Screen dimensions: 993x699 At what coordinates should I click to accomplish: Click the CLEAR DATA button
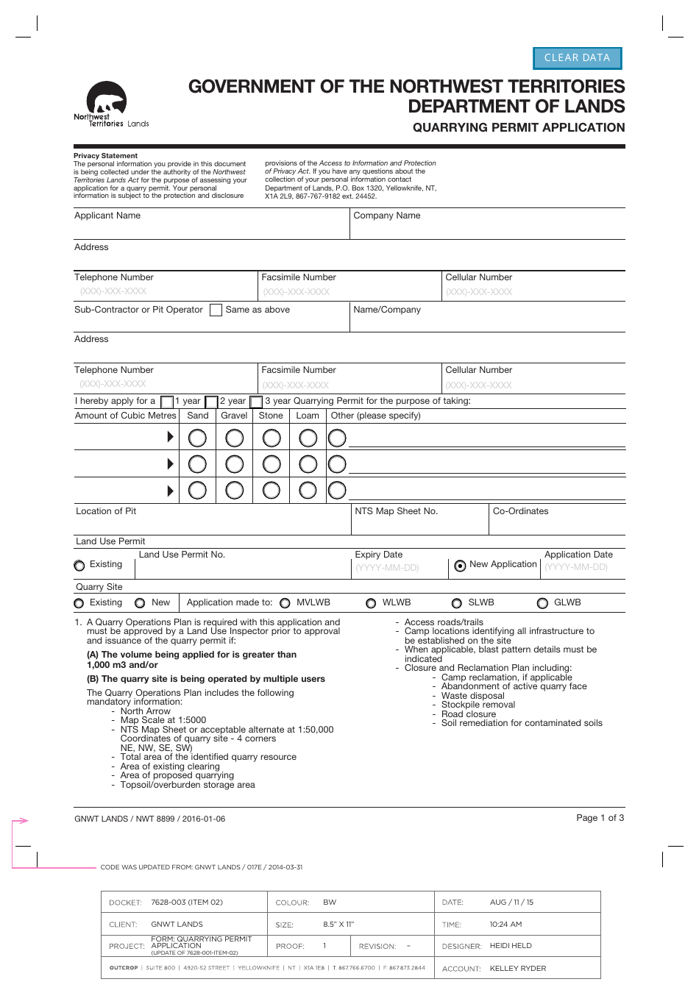tap(578, 58)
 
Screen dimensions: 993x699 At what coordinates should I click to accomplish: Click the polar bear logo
tap(107, 100)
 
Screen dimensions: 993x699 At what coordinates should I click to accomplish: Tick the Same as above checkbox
tap(216, 310)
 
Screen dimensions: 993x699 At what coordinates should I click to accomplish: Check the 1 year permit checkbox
tap(167, 402)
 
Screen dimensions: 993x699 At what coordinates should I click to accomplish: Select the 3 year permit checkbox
tap(256, 402)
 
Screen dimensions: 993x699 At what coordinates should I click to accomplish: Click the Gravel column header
tap(234, 416)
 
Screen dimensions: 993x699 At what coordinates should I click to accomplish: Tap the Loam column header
tap(308, 416)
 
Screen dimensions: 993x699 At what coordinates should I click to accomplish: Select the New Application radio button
tap(460, 566)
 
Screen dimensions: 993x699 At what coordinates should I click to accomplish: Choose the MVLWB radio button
tap(285, 603)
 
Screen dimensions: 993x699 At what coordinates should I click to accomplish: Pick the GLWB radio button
tap(542, 603)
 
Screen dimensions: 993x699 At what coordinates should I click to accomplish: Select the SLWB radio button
tap(457, 603)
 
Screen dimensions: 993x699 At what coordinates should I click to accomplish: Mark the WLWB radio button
tap(371, 603)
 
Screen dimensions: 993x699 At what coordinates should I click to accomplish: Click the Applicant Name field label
tap(107, 216)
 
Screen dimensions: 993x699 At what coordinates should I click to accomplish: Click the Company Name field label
tap(387, 216)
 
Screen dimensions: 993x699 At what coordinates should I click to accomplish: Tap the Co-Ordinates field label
tap(520, 511)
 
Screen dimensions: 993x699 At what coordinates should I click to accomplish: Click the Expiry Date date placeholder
tap(387, 568)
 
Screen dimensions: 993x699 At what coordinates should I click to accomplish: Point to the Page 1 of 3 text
tap(600, 818)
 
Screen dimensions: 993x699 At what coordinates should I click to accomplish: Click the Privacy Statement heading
tap(105, 156)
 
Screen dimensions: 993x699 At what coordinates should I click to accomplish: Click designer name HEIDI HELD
tap(511, 946)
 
